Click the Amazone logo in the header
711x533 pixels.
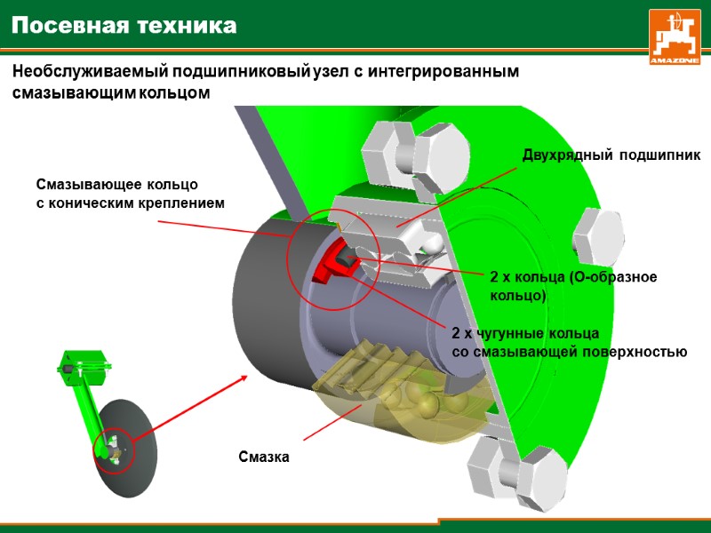pyautogui.click(x=675, y=36)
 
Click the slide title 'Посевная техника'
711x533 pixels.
pyautogui.click(x=124, y=26)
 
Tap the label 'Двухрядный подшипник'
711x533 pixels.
pyautogui.click(x=611, y=155)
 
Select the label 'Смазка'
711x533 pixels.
pyautogui.click(x=265, y=457)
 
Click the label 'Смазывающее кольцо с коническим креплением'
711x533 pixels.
pyautogui.click(x=130, y=195)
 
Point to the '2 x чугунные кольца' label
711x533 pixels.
pyautogui.click(x=525, y=334)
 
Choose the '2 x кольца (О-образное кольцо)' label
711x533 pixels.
pyautogui.click(x=573, y=285)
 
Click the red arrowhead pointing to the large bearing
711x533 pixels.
pyautogui.click(x=243, y=378)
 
